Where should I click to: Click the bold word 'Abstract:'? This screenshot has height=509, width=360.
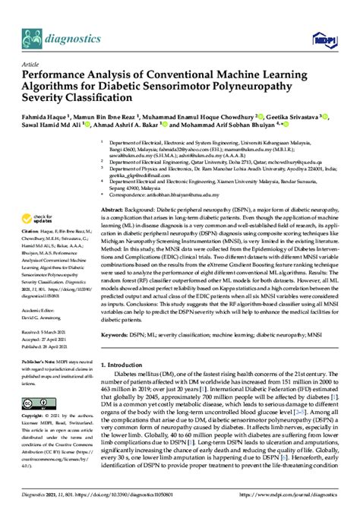118,216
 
